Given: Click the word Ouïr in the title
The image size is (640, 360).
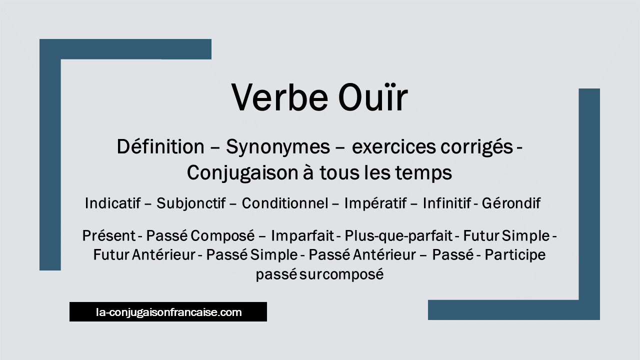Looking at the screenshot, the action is (373, 97).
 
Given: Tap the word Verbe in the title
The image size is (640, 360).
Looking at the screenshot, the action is (279, 97).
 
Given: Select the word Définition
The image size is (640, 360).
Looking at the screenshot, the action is (160, 147).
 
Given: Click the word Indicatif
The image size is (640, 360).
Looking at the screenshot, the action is (113, 203).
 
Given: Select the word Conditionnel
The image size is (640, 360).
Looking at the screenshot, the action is (285, 203).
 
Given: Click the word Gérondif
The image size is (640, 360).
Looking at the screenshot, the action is (511, 203).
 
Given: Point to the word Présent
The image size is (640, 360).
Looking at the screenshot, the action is (109, 236).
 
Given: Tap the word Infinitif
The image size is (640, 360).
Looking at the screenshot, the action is (447, 203).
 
